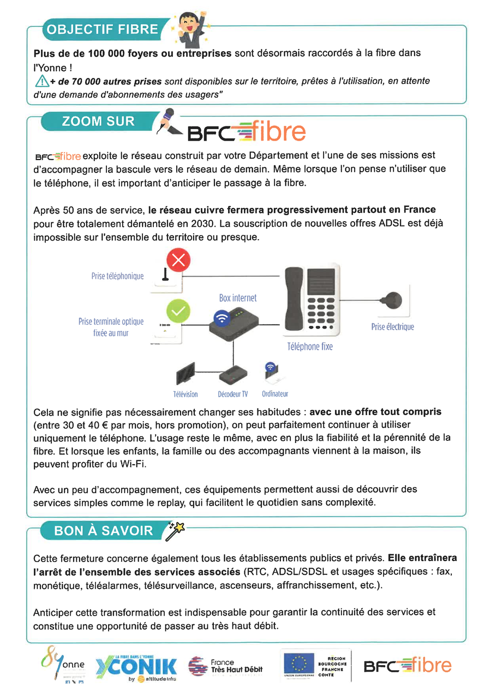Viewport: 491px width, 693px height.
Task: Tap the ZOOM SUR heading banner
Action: click(98, 121)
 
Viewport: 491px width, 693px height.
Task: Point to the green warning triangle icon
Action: click(41, 82)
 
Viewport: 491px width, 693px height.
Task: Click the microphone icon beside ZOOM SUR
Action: click(166, 120)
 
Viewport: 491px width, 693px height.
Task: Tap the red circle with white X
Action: click(178, 260)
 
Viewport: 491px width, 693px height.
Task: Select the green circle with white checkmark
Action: click(178, 311)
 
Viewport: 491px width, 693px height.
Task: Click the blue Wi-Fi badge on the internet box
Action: click(221, 318)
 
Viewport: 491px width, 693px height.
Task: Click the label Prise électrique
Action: click(392, 327)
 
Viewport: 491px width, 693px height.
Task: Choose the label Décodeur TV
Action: click(233, 394)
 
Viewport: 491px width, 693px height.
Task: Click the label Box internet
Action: click(238, 298)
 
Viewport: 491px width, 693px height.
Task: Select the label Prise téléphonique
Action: click(117, 276)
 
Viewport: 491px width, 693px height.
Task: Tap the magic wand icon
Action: click(175, 530)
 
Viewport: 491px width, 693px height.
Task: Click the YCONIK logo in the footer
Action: click(136, 666)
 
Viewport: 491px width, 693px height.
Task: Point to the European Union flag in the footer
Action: click(298, 664)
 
